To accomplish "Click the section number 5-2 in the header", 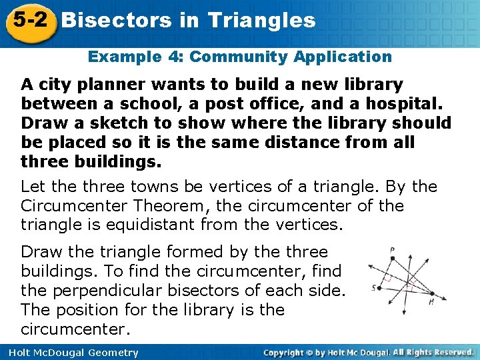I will [x=28, y=19].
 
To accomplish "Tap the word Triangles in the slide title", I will [x=261, y=20].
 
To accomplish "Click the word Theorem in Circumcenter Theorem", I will [x=165, y=205].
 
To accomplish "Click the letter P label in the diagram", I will [x=393, y=251].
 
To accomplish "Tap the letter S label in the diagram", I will [x=374, y=288].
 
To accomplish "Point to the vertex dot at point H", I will [x=431, y=293].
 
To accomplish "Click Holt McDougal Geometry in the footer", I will [x=70, y=353].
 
